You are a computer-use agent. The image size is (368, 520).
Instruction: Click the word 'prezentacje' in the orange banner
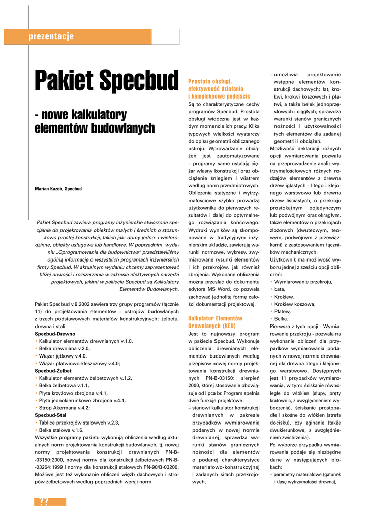51,36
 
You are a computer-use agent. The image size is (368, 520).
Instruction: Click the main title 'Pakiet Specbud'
106,80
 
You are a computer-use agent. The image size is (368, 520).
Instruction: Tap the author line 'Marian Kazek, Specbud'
58,189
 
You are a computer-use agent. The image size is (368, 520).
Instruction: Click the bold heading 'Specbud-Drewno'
55,334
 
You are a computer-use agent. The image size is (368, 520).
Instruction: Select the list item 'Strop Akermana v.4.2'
64,408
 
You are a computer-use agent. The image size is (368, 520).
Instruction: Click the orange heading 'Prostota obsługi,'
210,81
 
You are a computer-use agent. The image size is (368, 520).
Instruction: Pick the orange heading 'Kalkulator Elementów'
216,318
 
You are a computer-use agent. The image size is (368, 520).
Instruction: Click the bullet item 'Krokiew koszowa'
295,304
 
